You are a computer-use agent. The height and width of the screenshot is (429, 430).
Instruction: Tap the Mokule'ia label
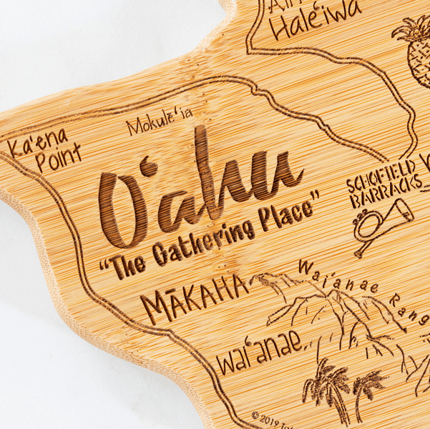pos(159,123)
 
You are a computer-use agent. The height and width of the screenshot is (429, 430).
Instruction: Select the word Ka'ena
pos(37,142)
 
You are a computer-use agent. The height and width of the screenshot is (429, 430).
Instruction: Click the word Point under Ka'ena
pos(58,159)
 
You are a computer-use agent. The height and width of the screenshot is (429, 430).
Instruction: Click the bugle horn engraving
pos(383,225)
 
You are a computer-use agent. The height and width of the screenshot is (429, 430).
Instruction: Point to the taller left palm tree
pos(326,386)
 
